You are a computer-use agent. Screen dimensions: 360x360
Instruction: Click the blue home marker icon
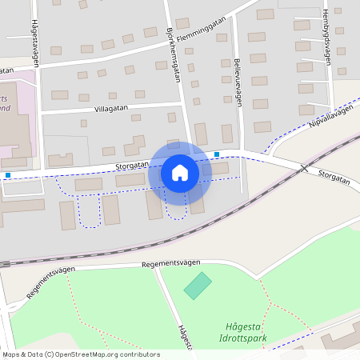point(180,173)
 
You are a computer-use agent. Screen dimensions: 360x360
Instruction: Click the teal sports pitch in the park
point(198,286)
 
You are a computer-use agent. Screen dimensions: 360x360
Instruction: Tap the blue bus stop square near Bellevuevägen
point(217,154)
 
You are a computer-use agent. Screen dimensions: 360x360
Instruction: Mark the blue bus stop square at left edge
point(8,175)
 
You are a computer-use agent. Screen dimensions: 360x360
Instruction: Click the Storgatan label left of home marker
point(132,166)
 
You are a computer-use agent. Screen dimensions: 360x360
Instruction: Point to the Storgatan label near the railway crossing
point(334,177)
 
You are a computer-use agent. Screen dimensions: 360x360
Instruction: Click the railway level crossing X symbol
point(303,168)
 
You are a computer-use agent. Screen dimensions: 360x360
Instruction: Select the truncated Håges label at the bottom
point(185,337)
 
